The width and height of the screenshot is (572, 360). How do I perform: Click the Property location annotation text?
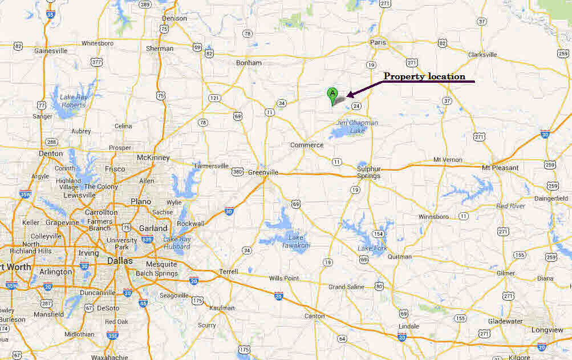tap(424, 76)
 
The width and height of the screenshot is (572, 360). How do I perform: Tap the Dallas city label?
tap(119, 261)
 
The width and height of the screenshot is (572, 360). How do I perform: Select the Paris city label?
tap(378, 42)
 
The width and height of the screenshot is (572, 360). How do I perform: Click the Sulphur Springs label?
tap(368, 172)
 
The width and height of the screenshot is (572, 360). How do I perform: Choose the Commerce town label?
tap(307, 145)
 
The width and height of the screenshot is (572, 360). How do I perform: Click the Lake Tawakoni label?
tap(296, 241)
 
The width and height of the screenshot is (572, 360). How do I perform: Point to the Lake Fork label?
tap(372, 248)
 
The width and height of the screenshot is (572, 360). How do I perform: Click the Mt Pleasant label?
tap(500, 168)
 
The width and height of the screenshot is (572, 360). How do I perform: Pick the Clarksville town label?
tap(482, 55)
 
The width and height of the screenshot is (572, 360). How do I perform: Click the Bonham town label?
tap(249, 63)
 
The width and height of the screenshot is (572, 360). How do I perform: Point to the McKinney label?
tap(153, 157)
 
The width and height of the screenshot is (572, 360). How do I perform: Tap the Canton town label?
tap(315, 316)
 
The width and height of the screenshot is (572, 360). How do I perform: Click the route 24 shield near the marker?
tap(356, 106)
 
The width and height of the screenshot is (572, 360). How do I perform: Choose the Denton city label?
tap(51, 153)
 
